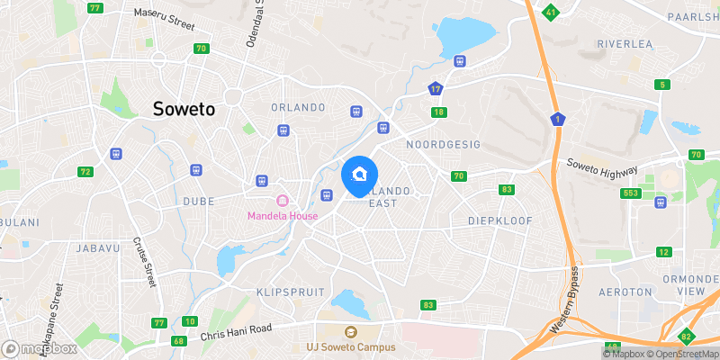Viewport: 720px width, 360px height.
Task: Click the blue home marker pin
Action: (360, 175)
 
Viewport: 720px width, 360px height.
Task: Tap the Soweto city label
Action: (184, 109)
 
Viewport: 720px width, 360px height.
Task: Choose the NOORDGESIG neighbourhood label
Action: (443, 144)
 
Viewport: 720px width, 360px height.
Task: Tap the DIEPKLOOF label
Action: (500, 220)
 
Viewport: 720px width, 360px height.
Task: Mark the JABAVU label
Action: (96, 247)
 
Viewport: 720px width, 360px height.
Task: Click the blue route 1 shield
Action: (559, 120)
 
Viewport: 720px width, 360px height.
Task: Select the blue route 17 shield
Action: (436, 89)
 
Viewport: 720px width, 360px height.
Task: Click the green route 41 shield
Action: (551, 12)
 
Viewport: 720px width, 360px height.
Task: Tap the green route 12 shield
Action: (664, 252)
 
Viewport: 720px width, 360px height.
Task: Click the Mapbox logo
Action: (38, 348)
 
